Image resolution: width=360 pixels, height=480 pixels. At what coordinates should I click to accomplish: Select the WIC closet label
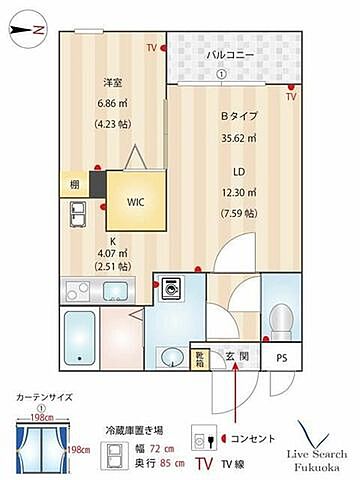(134, 200)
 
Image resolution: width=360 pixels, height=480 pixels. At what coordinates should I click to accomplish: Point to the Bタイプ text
(239, 115)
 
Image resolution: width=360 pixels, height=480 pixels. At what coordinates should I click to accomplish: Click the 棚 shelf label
(74, 185)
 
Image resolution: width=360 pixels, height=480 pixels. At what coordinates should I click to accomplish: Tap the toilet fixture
(281, 320)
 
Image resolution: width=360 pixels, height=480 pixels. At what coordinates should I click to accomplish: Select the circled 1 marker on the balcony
(221, 74)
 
